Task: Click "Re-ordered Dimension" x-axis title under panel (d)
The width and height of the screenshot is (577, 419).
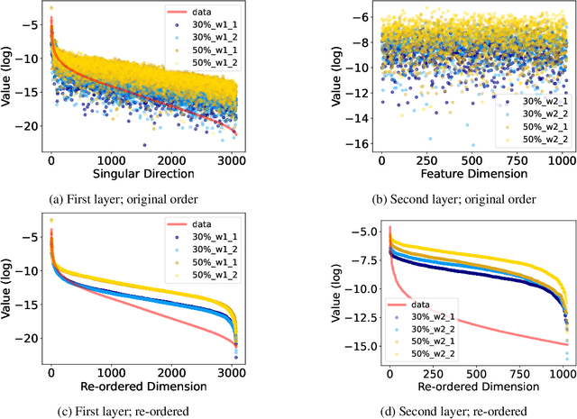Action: pyautogui.click(x=466, y=386)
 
